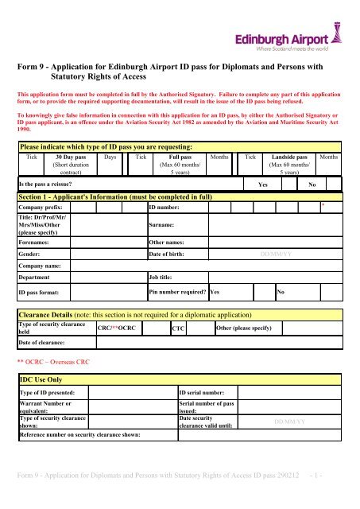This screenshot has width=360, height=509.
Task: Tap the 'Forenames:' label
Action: click(x=37, y=243)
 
